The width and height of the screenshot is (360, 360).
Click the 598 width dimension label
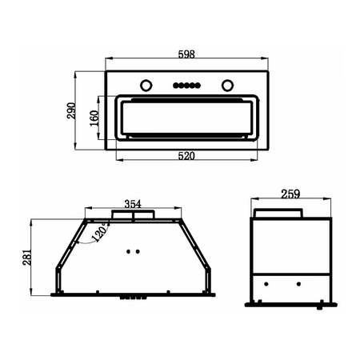[x=186, y=54]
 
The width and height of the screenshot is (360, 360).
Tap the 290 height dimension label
[x=71, y=110]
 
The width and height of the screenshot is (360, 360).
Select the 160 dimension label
[x=94, y=118]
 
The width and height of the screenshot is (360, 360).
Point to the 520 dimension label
[x=186, y=156]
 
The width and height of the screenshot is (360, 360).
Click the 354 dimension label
[x=133, y=204]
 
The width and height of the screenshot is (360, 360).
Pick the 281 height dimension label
[x=27, y=258]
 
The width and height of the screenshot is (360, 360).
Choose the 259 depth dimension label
[x=290, y=194]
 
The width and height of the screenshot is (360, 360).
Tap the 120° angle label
[x=99, y=231]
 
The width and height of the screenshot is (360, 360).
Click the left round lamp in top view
[x=146, y=86]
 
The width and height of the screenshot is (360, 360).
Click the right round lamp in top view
[x=227, y=86]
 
